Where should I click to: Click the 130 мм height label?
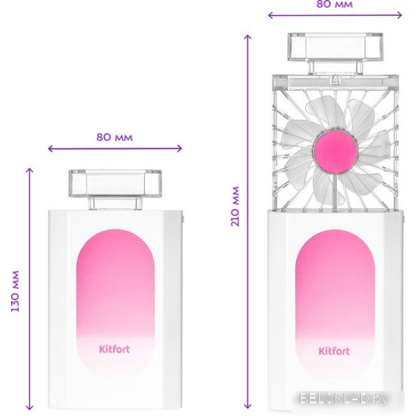15,291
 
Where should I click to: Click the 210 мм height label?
235,207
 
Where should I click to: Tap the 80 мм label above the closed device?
114,137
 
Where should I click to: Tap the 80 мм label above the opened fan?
335,4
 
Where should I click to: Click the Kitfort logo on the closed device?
114,349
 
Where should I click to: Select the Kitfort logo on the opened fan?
334,351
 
